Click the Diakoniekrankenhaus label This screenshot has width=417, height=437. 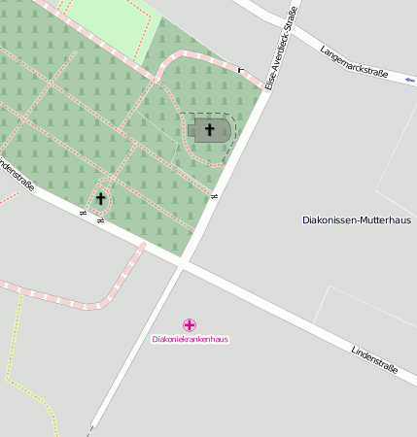(x=190, y=339)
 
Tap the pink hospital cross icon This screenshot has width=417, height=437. (x=190, y=324)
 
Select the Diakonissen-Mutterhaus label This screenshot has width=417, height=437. (x=356, y=220)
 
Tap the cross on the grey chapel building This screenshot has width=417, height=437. (x=209, y=129)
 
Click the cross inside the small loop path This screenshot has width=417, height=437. (x=99, y=199)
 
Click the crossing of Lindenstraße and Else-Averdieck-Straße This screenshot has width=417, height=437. (x=184, y=263)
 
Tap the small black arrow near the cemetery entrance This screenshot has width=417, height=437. (x=240, y=70)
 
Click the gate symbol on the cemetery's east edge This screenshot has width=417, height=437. (x=213, y=197)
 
